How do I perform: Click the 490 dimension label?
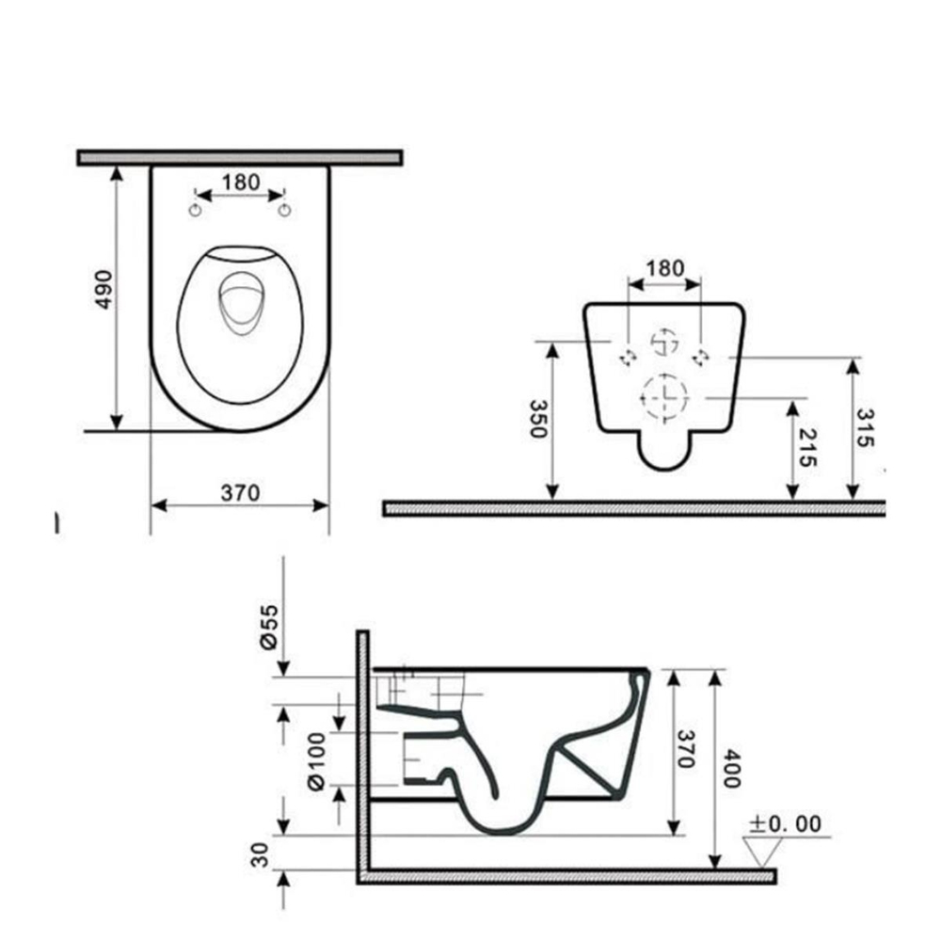tap(104, 290)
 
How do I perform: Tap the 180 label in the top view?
tap(241, 182)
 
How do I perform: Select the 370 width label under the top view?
tap(240, 493)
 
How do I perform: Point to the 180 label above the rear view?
tap(664, 268)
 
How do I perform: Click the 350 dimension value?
tap(538, 419)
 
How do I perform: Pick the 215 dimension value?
tap(807, 448)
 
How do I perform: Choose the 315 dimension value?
tap(865, 427)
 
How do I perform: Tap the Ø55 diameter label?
tap(269, 627)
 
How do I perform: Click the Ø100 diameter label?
tap(316, 760)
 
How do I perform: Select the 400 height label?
tap(732, 768)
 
